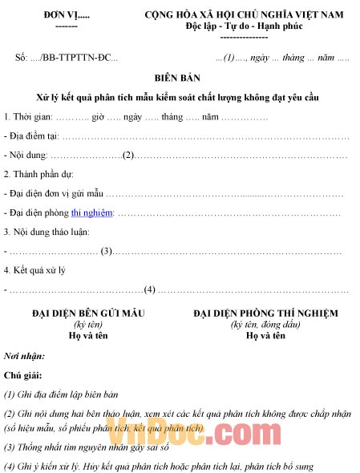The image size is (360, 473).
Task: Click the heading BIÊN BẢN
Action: (x=180, y=79)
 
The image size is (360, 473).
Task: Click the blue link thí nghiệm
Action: (x=92, y=212)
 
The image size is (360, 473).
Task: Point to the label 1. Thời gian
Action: (x=29, y=117)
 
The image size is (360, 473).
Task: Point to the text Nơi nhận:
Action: (x=25, y=355)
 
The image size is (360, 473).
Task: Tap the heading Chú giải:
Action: (x=23, y=374)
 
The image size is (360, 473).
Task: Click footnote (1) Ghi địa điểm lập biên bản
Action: (x=62, y=394)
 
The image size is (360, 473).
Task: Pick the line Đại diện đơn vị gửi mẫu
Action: (x=55, y=194)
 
